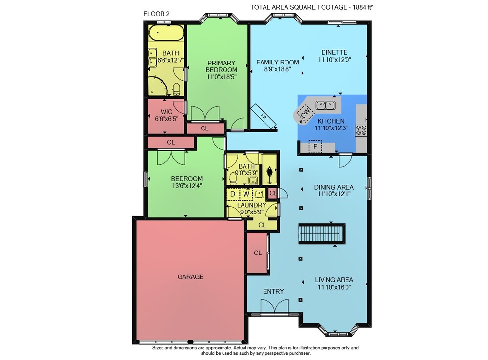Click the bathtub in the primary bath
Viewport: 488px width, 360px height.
(x=166, y=32)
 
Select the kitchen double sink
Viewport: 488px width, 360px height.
(x=325, y=106)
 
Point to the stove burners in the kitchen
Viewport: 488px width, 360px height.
(x=361, y=130)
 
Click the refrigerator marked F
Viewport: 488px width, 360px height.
(x=315, y=147)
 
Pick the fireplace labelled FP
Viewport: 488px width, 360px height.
(x=264, y=116)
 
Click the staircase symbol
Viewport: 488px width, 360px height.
(x=322, y=233)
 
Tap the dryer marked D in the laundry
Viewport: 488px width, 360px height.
(x=232, y=194)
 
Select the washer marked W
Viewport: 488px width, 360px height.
(x=246, y=194)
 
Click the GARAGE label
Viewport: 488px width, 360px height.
(x=190, y=276)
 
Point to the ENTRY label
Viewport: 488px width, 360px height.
(x=273, y=291)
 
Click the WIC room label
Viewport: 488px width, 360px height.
(x=166, y=112)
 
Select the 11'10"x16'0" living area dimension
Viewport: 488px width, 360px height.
(x=334, y=287)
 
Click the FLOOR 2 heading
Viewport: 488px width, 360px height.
(x=157, y=14)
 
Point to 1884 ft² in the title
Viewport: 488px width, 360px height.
(x=363, y=7)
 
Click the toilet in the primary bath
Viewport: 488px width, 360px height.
(x=176, y=89)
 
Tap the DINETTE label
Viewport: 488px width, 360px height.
(x=334, y=52)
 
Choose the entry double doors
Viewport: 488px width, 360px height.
(x=274, y=306)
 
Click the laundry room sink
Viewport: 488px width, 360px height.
(x=259, y=194)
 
